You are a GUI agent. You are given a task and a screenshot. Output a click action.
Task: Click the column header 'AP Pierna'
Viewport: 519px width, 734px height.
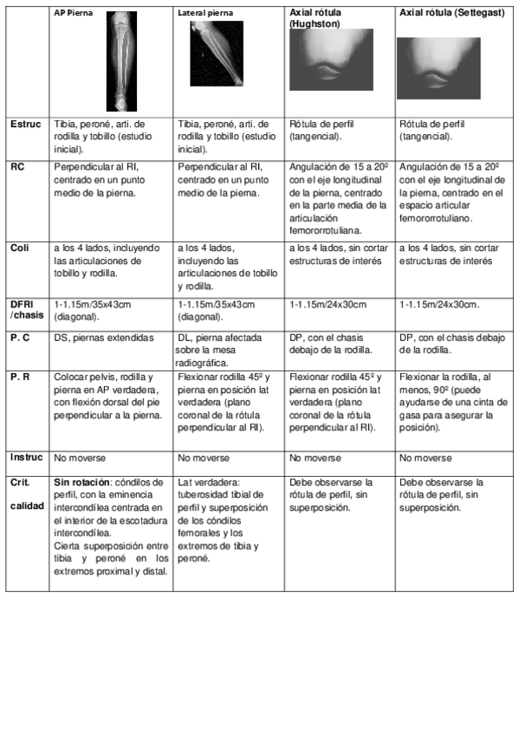coord(74,16)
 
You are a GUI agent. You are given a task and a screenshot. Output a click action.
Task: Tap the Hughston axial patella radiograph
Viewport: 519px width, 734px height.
coord(331,60)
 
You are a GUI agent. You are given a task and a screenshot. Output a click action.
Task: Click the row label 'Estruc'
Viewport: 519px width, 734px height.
coord(26,125)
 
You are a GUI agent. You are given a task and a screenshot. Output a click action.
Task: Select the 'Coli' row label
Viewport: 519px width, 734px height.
coord(20,248)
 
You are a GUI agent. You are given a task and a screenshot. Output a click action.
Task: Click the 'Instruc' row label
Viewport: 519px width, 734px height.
coord(27,457)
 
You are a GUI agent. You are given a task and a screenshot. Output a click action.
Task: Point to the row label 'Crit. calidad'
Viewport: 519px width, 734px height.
coord(26,492)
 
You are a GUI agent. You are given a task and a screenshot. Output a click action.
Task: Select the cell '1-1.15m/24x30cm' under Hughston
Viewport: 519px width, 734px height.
coord(328,305)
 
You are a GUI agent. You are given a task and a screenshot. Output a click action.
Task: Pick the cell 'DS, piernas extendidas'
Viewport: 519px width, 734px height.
coord(104,338)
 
